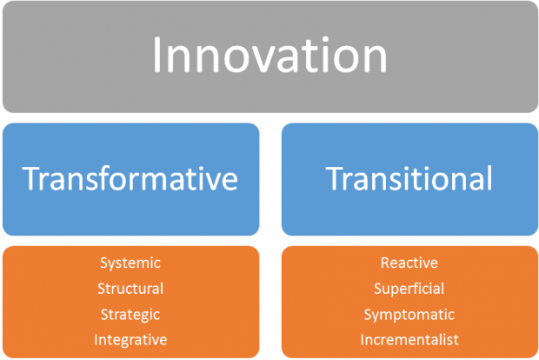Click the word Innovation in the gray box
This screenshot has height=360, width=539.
pos(269,56)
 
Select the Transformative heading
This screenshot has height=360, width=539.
pos(130,178)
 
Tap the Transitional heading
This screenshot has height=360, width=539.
pos(409,178)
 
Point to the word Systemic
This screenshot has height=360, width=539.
pos(130,263)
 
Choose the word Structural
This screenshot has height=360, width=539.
pos(130,289)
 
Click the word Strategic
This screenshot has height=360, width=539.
pos(130,314)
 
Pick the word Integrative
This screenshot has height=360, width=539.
pos(130,339)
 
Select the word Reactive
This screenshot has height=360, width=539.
pos(409,263)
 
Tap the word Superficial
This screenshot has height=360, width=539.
pos(409,289)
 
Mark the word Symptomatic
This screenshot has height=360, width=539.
pos(409,314)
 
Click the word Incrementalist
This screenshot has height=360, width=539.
pos(409,339)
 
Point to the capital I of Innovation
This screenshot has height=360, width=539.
pos(157,55)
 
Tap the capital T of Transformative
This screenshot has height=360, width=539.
pos(30,178)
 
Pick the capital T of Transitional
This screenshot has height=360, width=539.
pos(335,178)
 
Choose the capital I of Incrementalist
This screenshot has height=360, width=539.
pos(363,339)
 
